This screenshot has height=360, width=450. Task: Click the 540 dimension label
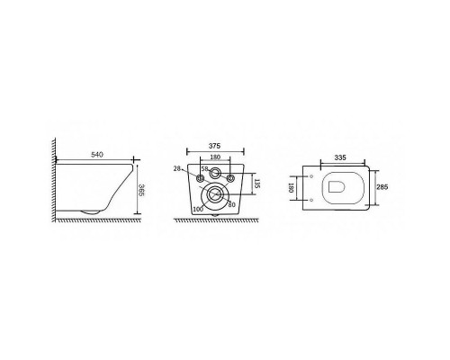97,155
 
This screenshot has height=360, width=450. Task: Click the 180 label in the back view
215,157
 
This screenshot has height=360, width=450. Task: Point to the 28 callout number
177,168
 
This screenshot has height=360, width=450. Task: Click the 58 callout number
204,168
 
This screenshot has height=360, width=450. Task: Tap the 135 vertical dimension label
256,184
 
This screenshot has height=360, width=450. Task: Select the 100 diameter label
198,209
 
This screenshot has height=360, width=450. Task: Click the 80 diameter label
231,205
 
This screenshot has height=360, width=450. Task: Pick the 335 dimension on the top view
340,157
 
